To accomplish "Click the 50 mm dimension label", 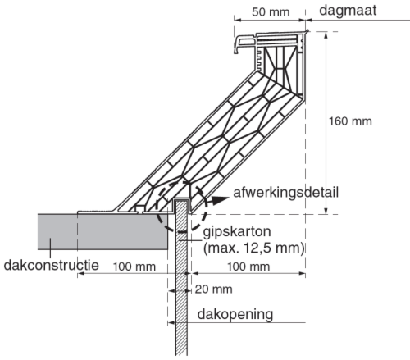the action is [271, 12].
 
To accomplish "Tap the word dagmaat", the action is [348, 11].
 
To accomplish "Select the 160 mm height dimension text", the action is [350, 121].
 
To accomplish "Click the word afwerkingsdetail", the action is [285, 193].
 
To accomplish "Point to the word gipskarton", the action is [237, 232].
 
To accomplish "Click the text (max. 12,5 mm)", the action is [254, 248].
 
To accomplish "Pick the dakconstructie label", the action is [51, 265].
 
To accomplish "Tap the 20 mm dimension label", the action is [213, 289].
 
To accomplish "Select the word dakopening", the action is [235, 314].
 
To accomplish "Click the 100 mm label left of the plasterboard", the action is [134, 267].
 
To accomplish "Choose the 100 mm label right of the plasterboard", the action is [248, 267].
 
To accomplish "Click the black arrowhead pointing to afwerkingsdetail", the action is [220, 200].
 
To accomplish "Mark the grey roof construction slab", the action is [102, 232].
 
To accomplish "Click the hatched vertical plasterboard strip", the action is [181, 277].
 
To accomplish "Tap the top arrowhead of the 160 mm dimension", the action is [326, 35].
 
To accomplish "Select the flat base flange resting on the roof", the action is [98, 212].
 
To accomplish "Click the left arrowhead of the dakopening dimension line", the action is [171, 323].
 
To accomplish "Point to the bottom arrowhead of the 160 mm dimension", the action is [326, 210].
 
